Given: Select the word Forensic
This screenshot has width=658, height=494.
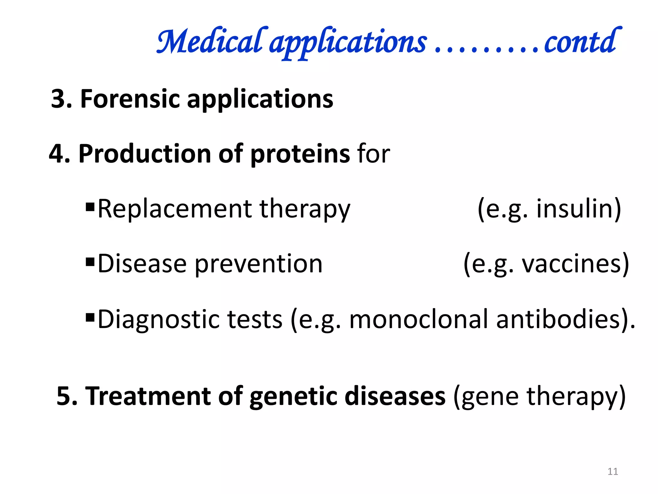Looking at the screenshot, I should (x=130, y=99).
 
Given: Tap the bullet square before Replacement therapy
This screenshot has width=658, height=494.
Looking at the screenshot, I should (x=90, y=206).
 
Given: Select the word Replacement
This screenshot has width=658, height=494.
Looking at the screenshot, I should (x=175, y=209).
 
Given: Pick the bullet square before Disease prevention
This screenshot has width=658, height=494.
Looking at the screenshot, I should (x=90, y=260).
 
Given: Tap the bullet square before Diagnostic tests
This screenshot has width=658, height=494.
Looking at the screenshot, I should (x=90, y=316).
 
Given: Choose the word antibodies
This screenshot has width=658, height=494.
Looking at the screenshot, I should (x=557, y=320).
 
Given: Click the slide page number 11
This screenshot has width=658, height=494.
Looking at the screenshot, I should (x=613, y=471).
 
